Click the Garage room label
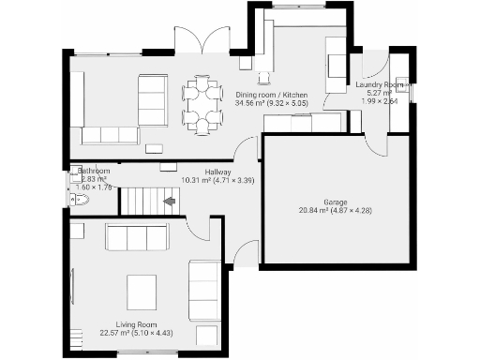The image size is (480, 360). click(335, 202)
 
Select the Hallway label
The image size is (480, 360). click(218, 172)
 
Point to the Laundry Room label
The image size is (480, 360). click(380, 84)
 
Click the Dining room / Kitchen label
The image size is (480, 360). click(270, 94)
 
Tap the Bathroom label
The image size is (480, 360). click(94, 172)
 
